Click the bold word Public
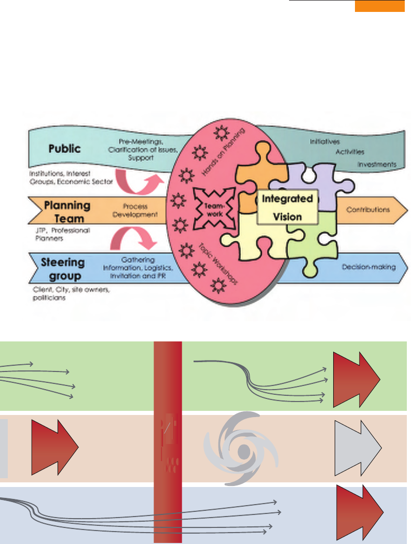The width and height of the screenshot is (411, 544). point(64,149)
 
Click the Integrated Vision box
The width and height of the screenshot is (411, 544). point(287,206)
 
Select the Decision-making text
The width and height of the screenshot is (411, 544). point(368,267)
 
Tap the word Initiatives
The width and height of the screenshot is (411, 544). point(325,141)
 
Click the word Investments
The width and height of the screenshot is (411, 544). point(377,164)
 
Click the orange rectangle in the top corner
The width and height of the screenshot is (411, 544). point(379,6)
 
